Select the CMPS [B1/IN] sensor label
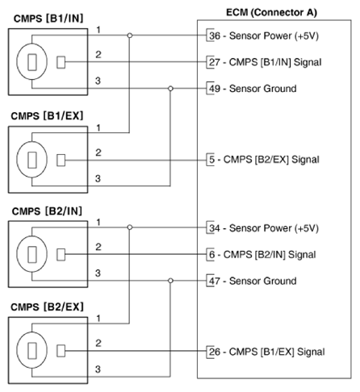pos(44,19)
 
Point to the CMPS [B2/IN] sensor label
pos(44,211)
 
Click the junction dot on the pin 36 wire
pos(130,36)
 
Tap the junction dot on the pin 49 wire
pos(169,88)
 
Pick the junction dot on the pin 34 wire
pos(130,228)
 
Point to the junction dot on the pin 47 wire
pos(169,280)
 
